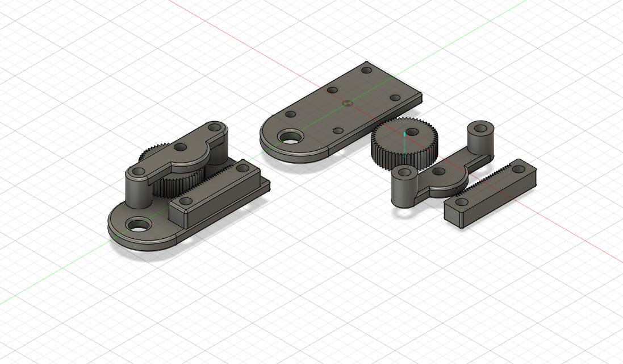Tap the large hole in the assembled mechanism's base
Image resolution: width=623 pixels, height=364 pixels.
(x=136, y=225)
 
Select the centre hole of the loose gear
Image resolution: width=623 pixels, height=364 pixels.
(x=412, y=131)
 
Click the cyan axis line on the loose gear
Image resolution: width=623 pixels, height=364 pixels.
(x=404, y=142)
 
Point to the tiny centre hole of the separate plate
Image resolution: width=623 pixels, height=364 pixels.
(x=348, y=104)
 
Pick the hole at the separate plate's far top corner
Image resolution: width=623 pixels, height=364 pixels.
(x=367, y=71)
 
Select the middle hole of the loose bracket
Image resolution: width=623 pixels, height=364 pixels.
(x=438, y=171)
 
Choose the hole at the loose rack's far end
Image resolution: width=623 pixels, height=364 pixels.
(x=519, y=169)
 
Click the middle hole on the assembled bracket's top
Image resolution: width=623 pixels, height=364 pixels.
(x=181, y=148)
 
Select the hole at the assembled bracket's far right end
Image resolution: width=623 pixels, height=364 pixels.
(x=215, y=127)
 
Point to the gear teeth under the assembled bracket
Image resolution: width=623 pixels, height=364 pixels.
(x=170, y=185)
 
